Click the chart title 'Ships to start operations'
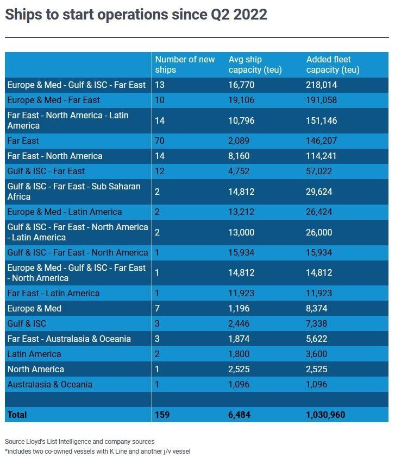click(86, 15)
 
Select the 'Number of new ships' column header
click(185, 65)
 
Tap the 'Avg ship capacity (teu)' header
click(255, 65)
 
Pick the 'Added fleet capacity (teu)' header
click(333, 65)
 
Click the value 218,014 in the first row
click(321, 85)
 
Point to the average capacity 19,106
click(241, 100)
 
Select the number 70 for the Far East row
click(160, 141)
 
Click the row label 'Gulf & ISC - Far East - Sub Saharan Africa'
click(74, 192)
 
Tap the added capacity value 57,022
click(319, 171)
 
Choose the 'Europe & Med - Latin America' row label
click(65, 212)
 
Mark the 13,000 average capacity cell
click(241, 232)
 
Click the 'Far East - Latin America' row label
click(53, 293)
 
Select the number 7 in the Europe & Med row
click(158, 308)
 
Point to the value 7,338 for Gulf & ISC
click(317, 323)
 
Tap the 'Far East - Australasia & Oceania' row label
click(69, 339)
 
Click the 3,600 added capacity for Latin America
click(317, 354)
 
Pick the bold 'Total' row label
click(17, 415)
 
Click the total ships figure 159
click(162, 415)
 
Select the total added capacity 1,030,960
click(325, 415)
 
